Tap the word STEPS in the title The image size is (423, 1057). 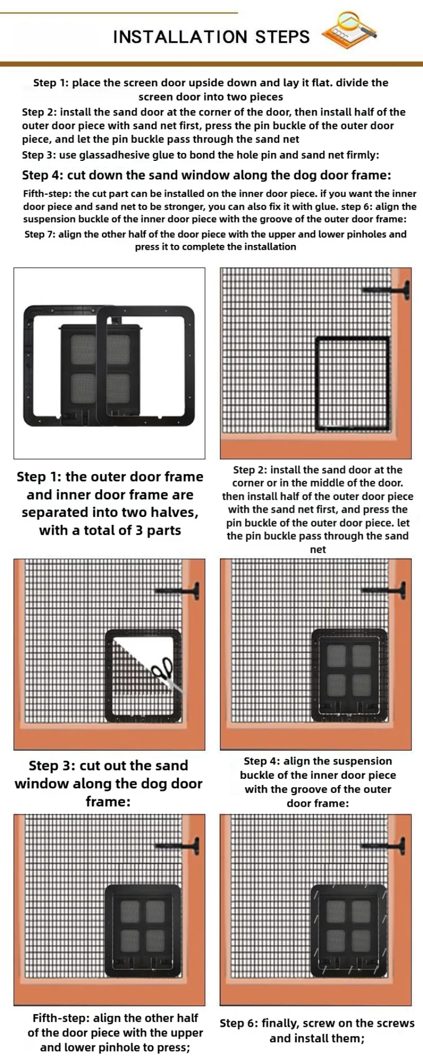tap(282, 37)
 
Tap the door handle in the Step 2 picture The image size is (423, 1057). tap(386, 290)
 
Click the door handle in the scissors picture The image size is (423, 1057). tap(178, 591)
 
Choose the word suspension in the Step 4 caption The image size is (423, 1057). tap(357, 761)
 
